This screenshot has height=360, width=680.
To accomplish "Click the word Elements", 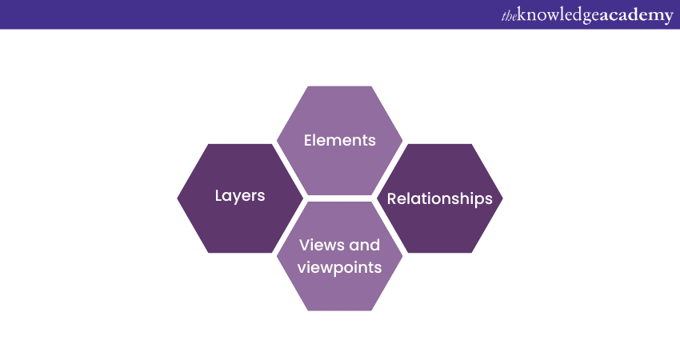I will [339, 140].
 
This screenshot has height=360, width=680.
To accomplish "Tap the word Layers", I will [240, 196].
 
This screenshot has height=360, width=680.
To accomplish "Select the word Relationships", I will [439, 199].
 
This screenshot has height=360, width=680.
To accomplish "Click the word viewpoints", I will [339, 267].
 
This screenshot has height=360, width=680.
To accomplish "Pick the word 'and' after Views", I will [364, 245].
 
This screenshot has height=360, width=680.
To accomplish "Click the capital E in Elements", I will [308, 140].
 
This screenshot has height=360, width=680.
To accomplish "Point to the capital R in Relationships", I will [392, 199].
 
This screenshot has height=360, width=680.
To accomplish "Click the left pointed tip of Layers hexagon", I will [178, 198].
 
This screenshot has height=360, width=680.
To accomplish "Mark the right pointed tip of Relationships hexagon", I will [502, 198].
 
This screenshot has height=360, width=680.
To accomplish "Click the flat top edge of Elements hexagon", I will [339, 87].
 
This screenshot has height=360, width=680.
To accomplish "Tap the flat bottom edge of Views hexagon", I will [339, 310].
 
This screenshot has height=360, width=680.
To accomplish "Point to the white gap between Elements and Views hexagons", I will [339, 198].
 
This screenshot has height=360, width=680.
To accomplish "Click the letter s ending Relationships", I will [489, 199].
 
